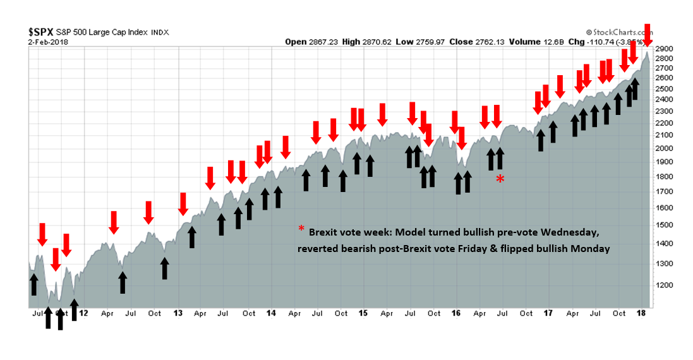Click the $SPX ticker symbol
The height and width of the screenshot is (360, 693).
pyautogui.click(x=40, y=31)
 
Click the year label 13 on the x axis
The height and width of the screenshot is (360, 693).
pyautogui.click(x=178, y=313)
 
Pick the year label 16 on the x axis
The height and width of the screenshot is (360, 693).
pyautogui.click(x=457, y=313)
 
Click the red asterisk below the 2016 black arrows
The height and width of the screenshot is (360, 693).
pyautogui.click(x=500, y=179)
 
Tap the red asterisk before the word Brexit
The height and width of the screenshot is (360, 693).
pyautogui.click(x=301, y=229)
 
